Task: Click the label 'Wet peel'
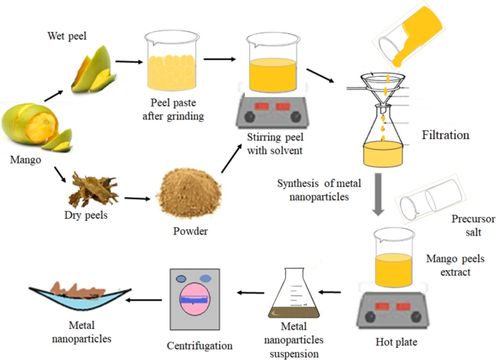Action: coord(67,35)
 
